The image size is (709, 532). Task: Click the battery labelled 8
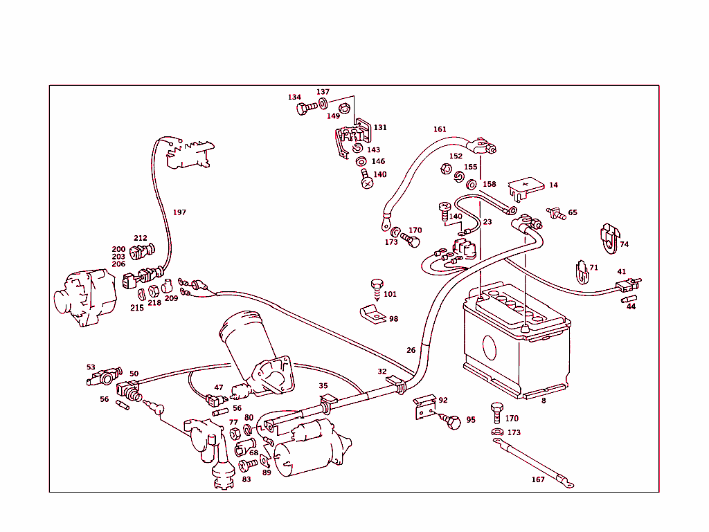pyautogui.click(x=516, y=342)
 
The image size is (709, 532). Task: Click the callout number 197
pyautogui.click(x=179, y=212)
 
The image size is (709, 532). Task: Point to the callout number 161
pyautogui.click(x=440, y=129)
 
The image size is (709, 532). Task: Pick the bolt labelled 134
pyautogui.click(x=303, y=109)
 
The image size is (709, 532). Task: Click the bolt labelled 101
pyautogui.click(x=377, y=286)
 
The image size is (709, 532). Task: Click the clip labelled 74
pyautogui.click(x=608, y=236)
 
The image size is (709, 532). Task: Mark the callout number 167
pyautogui.click(x=538, y=479)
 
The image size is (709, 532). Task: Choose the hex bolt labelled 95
pyautogui.click(x=454, y=421)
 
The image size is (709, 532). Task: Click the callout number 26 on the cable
pyautogui.click(x=411, y=350)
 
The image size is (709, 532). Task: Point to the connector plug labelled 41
pyautogui.click(x=627, y=285)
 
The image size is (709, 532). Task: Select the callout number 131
pyautogui.click(x=381, y=128)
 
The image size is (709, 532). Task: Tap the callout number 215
pyautogui.click(x=137, y=308)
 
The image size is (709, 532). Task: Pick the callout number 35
pyautogui.click(x=323, y=386)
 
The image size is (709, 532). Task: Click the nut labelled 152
pyautogui.click(x=446, y=168)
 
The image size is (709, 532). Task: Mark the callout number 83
pyautogui.click(x=246, y=479)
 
